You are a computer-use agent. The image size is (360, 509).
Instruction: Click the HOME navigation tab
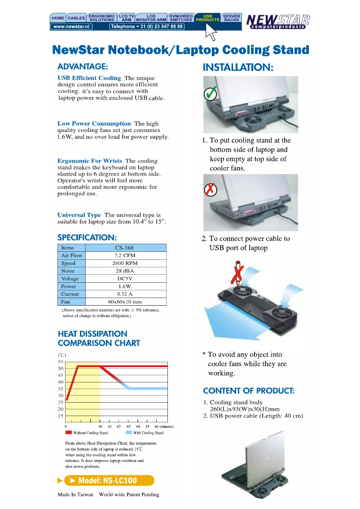tap(58, 18)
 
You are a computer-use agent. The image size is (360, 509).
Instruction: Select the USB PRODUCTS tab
tap(208, 18)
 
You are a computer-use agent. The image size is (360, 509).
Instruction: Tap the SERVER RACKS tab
tap(232, 18)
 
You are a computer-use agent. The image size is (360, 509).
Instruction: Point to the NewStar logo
tap(278, 21)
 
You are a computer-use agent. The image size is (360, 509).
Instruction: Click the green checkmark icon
tap(210, 94)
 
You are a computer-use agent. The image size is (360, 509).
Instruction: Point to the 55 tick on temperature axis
tap(61, 361)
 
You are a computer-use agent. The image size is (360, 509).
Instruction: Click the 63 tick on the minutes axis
tap(128, 426)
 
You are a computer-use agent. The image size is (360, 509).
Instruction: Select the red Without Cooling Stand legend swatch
tap(68, 433)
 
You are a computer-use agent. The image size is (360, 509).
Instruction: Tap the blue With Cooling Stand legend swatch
tap(128, 433)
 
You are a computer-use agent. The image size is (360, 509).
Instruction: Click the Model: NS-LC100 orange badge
tap(109, 480)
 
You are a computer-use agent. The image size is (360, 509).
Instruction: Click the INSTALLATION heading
tap(238, 68)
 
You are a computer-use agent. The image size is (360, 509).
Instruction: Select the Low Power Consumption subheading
tap(94, 123)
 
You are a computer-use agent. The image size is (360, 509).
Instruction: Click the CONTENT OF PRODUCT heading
tap(249, 391)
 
